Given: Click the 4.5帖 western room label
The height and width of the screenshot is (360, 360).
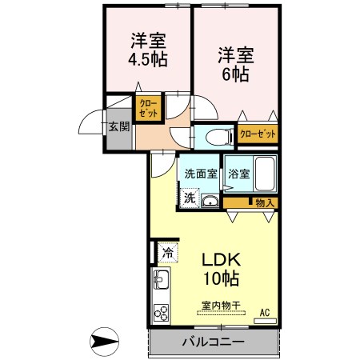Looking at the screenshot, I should (x=147, y=50).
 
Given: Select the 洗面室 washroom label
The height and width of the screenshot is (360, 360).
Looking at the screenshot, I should (x=201, y=174).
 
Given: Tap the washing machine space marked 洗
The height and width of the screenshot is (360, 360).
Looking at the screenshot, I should (x=189, y=197).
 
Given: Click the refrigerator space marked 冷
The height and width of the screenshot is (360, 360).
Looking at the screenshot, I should (x=167, y=254).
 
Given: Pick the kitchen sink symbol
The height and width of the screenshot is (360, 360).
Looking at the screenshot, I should (x=160, y=282).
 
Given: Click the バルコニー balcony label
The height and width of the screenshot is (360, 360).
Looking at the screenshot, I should (x=212, y=342).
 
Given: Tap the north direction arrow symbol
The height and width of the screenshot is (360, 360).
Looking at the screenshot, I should (x=105, y=343).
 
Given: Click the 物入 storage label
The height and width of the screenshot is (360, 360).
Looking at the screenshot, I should (x=264, y=203).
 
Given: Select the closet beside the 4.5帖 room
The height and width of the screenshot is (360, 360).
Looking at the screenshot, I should (x=149, y=108).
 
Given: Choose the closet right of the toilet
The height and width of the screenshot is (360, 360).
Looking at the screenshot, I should (x=257, y=134).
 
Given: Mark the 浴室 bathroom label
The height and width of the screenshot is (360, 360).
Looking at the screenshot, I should (x=238, y=174).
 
